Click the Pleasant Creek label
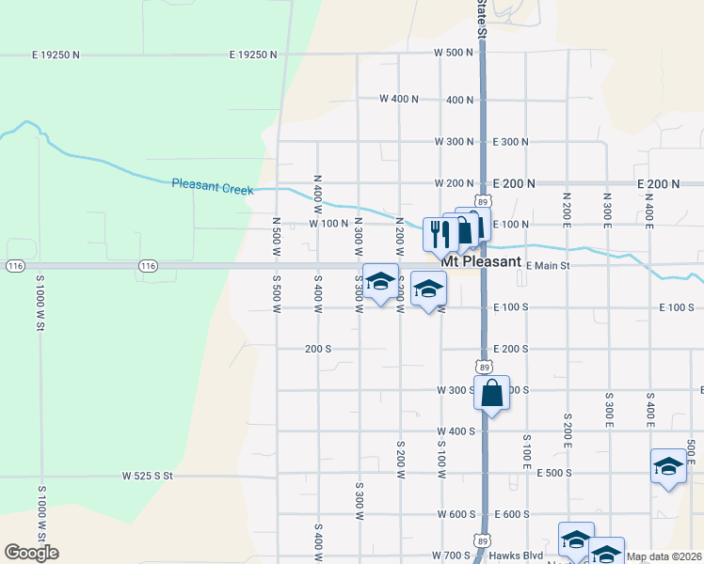pos(213,187)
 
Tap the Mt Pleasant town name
pos(482,261)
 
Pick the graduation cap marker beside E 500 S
pos(668,466)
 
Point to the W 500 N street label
pos(453,53)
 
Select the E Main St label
pos(549,266)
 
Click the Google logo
pos(31,553)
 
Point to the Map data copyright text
pos(664,556)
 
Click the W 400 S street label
pos(456,431)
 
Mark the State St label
pos(481,19)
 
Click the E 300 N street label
pos(510,142)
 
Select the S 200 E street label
pos(568,428)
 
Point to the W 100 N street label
pos(328,224)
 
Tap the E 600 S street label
pos(510,514)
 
